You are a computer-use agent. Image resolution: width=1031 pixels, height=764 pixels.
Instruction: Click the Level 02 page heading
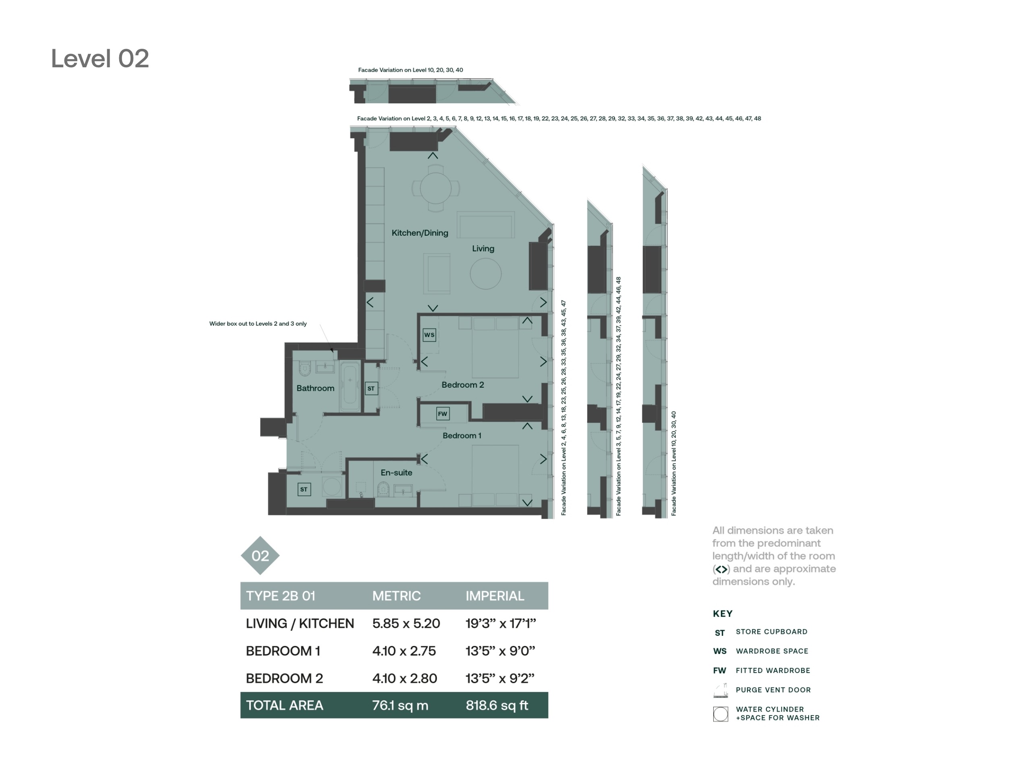tap(100, 59)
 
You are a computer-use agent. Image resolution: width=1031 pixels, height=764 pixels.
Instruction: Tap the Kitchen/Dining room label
tap(420, 233)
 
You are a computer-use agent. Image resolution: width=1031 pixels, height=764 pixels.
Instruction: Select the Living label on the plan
tap(483, 249)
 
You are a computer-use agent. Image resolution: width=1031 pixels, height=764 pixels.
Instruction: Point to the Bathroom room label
tap(315, 388)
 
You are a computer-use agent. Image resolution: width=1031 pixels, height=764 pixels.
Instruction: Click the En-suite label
tap(396, 473)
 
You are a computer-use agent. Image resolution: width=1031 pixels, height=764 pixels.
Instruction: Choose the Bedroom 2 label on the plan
tap(463, 385)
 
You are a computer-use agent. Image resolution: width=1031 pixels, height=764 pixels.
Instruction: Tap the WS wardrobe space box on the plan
tap(429, 335)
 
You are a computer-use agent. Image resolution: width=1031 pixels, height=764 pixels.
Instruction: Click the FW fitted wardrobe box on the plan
tap(442, 414)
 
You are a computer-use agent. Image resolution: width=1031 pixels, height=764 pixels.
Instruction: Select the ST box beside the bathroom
tap(371, 388)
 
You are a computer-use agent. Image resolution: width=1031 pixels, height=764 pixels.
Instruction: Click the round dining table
tap(435, 189)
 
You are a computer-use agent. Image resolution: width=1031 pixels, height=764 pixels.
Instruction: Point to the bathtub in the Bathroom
tap(350, 386)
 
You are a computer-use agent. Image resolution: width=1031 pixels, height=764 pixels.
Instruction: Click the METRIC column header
tap(397, 596)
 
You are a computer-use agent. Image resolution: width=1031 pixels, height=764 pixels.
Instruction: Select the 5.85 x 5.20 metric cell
tap(406, 624)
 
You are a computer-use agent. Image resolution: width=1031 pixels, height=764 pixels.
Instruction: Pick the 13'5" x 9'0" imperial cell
tap(500, 651)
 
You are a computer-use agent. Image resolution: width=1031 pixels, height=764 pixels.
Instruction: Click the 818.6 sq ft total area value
tap(497, 706)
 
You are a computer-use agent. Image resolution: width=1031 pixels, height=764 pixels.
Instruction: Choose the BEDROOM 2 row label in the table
tap(284, 679)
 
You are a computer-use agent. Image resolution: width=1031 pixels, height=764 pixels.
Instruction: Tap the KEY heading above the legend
tap(723, 614)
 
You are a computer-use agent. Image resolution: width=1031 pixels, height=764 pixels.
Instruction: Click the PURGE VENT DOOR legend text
tap(773, 690)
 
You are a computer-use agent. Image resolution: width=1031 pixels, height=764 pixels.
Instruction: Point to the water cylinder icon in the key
tap(720, 714)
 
